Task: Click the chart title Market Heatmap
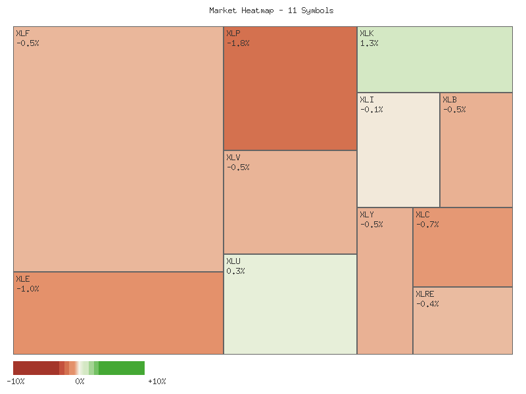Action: tap(271, 11)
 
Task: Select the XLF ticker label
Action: tap(22, 33)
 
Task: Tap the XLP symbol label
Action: tap(233, 33)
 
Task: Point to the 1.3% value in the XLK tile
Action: tap(369, 43)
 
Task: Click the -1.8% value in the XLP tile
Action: tap(238, 43)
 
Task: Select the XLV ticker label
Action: tap(233, 158)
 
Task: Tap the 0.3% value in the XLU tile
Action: tap(235, 271)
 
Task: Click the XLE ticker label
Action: tap(22, 278)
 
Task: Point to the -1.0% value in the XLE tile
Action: tap(28, 288)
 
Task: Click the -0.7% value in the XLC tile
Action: tap(427, 225)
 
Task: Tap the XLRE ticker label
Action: tap(425, 294)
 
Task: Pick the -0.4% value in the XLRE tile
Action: tap(427, 304)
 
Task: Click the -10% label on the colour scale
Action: tap(16, 382)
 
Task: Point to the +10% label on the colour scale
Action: tap(156, 382)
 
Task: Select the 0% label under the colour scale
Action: tap(80, 382)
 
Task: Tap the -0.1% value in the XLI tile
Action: tap(371, 110)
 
